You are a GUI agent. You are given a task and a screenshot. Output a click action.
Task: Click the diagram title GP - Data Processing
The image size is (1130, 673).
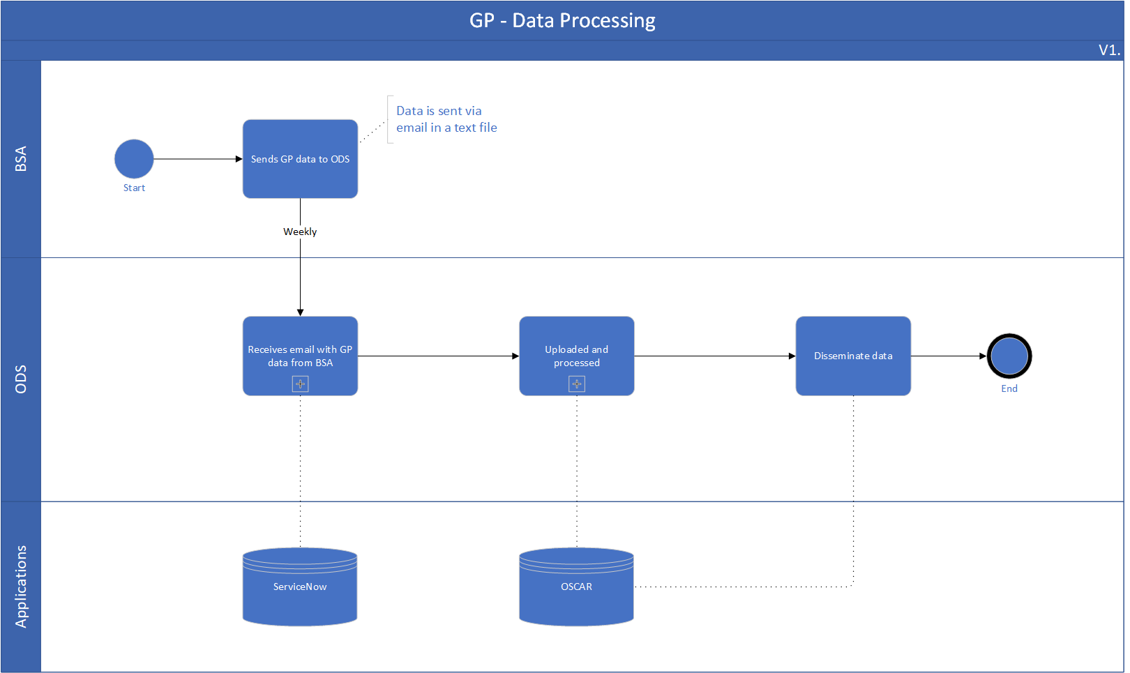(562, 21)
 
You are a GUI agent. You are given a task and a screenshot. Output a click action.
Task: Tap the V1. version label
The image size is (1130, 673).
(1109, 50)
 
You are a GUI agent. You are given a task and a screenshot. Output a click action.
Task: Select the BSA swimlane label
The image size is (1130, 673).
(21, 159)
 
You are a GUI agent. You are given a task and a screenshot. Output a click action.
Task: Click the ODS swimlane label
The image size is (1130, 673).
(21, 379)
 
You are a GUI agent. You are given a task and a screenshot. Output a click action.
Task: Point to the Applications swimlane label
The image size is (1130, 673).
(21, 587)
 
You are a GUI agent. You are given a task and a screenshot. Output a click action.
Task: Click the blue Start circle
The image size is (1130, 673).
(134, 159)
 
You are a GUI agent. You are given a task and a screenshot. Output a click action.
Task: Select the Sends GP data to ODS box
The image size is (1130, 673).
(300, 159)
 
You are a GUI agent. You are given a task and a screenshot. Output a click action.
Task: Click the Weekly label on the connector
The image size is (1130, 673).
(300, 232)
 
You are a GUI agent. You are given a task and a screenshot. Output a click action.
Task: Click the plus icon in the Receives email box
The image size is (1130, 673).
(300, 384)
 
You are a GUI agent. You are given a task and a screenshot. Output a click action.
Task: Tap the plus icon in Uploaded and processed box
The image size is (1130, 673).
(577, 384)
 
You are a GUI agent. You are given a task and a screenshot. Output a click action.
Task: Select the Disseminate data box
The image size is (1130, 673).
(853, 356)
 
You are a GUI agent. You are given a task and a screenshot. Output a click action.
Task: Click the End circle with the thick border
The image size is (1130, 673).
(1009, 356)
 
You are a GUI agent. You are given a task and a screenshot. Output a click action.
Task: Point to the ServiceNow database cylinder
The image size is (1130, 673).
(300, 587)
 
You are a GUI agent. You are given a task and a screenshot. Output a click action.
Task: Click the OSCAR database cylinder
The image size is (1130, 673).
(577, 587)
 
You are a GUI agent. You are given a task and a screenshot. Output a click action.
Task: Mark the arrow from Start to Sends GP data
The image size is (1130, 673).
(198, 159)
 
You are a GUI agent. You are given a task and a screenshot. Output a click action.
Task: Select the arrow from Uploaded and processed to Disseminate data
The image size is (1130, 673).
(715, 356)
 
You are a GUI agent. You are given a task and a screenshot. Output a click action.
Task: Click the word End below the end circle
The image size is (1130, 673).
(1009, 388)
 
